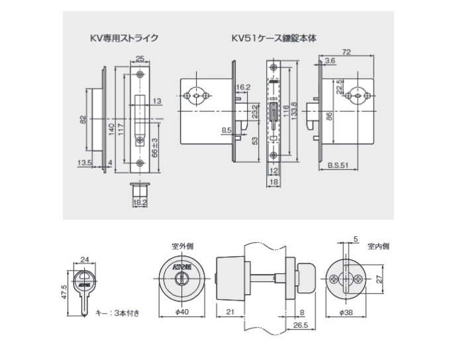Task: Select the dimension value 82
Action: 83,118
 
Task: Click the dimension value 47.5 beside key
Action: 63,292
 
